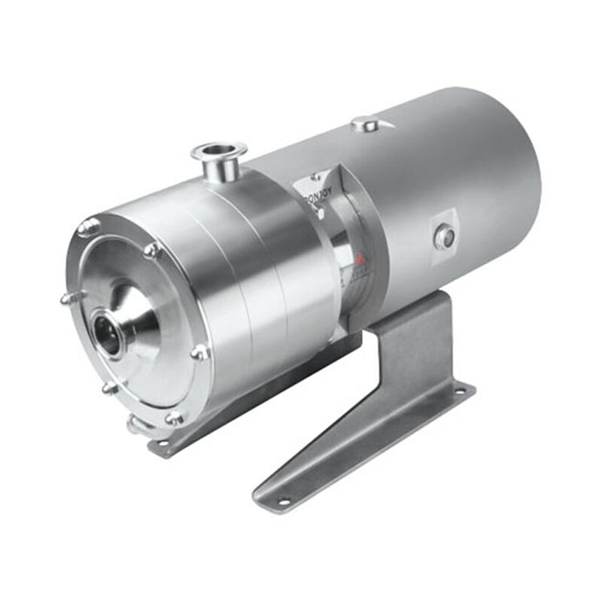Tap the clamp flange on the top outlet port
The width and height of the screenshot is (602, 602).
coord(219,151)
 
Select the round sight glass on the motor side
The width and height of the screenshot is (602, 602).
coord(445,238)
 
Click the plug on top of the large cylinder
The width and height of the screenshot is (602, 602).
coord(366,123)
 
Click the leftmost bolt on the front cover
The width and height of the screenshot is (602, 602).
coord(68,298)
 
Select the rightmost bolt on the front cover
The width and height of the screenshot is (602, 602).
coord(200,351)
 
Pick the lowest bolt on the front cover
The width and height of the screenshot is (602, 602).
coord(174,416)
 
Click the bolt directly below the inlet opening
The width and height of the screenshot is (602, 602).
coord(110,387)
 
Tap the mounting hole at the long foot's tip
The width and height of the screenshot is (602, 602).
coord(284,501)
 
